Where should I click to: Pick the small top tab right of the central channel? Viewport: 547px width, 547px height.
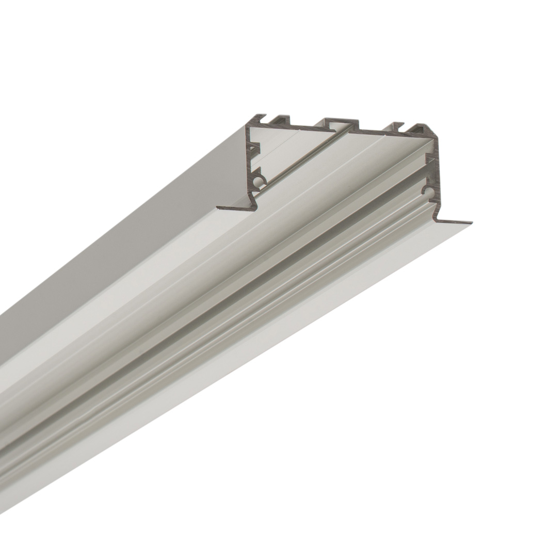click(x=397, y=126)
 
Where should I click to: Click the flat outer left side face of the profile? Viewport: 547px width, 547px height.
click(x=129, y=232)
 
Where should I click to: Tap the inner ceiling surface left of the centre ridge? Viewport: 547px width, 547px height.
click(x=289, y=150)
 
